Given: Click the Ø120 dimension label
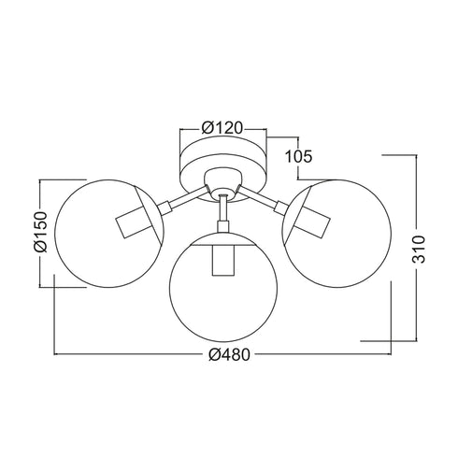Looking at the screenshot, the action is (222, 128).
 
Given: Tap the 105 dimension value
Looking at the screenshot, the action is (298, 156).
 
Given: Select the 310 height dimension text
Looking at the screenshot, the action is (419, 250).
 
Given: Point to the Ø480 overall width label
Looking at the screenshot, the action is (229, 354).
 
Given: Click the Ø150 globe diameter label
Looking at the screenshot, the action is (40, 232).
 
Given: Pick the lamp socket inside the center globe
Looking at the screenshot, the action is (223, 260).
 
